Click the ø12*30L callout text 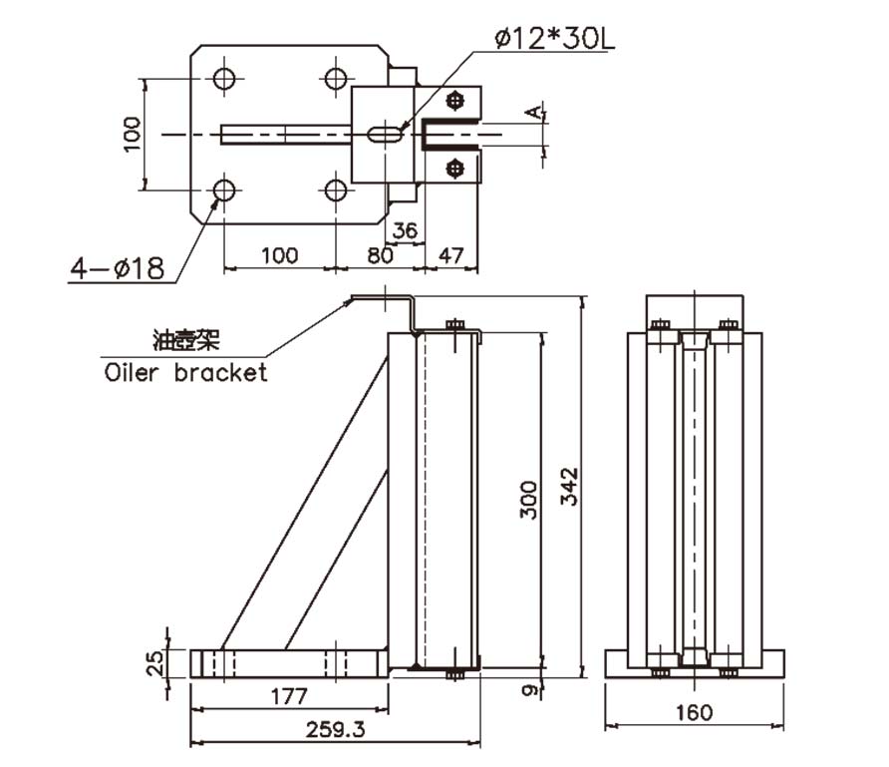coord(558,40)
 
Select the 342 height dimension coord(569,485)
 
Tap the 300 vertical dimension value coord(529,498)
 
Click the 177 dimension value coord(289,695)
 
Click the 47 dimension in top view coord(451,255)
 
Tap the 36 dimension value coord(405,230)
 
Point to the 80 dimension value coord(380,255)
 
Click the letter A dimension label coord(535,113)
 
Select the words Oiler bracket coord(186,373)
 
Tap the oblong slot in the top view coord(385,134)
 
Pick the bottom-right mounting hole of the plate coord(338,190)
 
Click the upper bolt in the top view coord(456,101)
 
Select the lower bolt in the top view coord(456,168)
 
